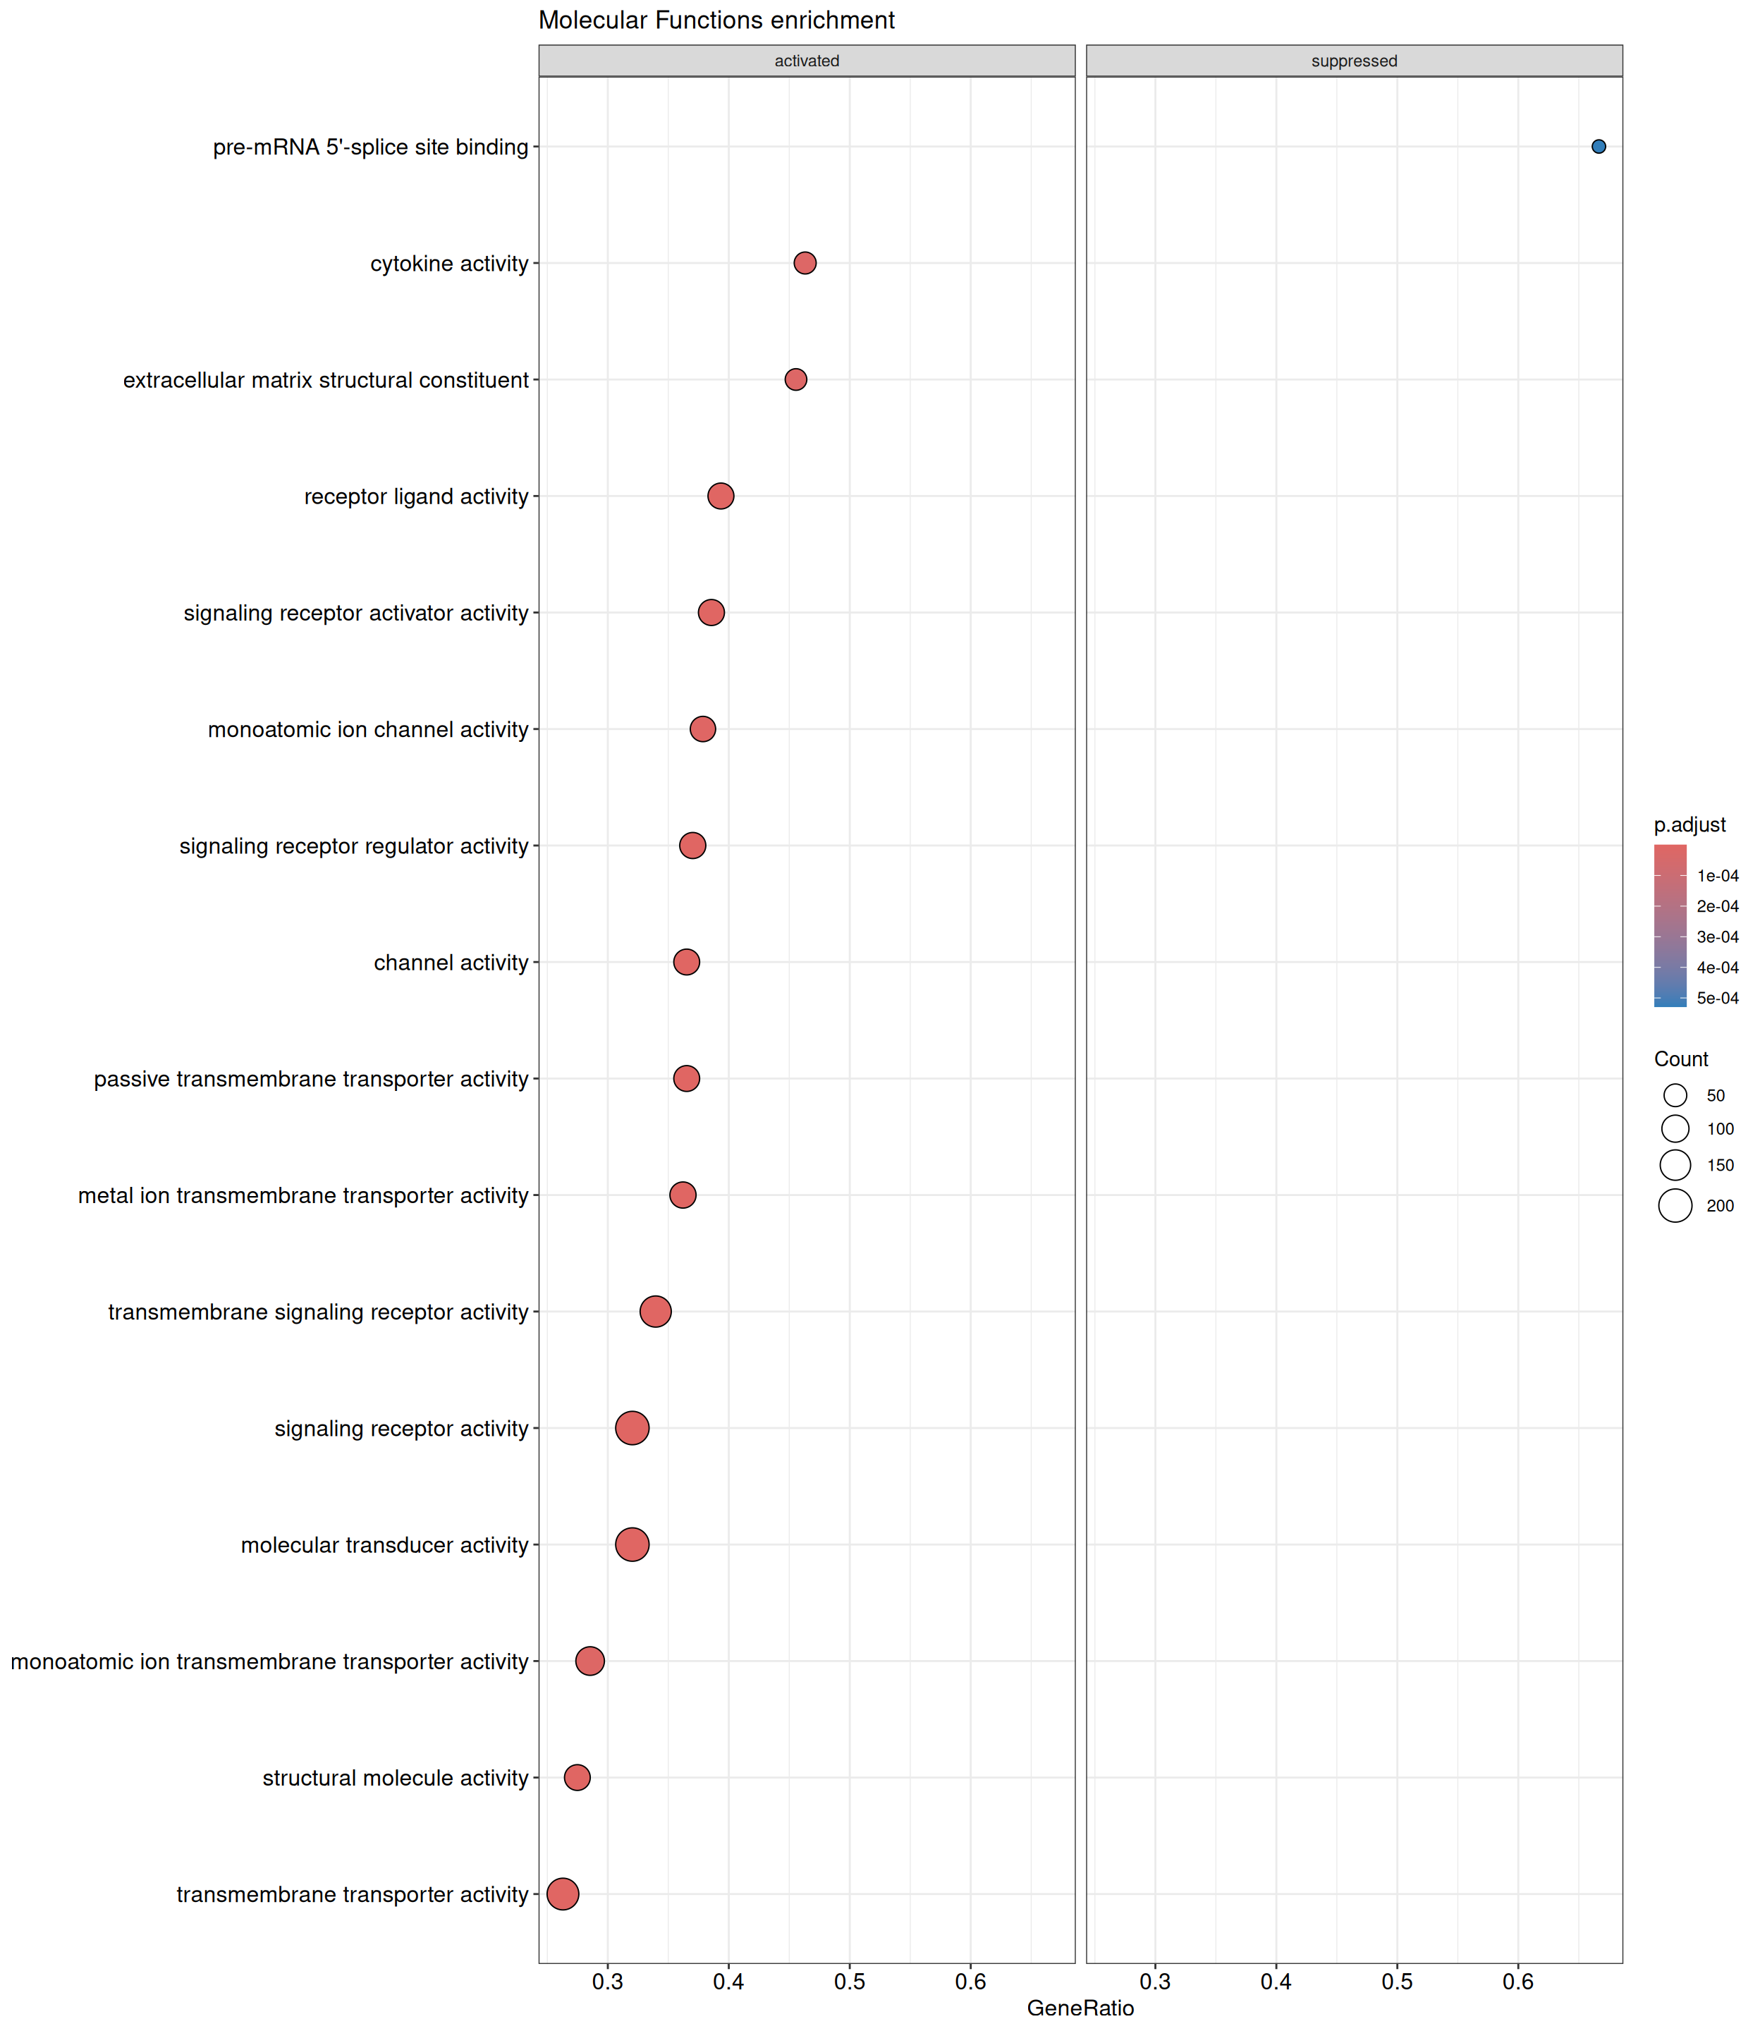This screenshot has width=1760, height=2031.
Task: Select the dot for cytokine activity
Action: [x=805, y=263]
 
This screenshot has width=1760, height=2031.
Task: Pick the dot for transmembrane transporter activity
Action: [x=563, y=1893]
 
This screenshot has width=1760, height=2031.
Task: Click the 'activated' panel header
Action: [x=807, y=61]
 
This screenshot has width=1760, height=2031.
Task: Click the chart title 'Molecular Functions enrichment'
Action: [x=716, y=20]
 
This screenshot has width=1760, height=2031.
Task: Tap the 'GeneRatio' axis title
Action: [x=1080, y=2008]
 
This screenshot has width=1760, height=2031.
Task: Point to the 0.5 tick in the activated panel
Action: [x=850, y=1981]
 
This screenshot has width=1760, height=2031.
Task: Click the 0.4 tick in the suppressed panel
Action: [x=1276, y=1981]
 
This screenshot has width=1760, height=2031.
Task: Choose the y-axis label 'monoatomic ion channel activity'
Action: [x=367, y=730]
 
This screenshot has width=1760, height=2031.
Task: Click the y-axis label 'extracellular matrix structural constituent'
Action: [x=325, y=380]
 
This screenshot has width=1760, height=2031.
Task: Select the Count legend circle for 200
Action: [x=1675, y=1205]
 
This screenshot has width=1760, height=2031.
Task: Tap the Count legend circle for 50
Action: [x=1675, y=1095]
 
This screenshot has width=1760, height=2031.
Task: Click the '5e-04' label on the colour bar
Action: [x=1718, y=998]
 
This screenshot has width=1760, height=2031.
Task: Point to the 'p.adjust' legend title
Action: [x=1689, y=825]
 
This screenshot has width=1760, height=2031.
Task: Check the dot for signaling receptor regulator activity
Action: [x=692, y=846]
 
